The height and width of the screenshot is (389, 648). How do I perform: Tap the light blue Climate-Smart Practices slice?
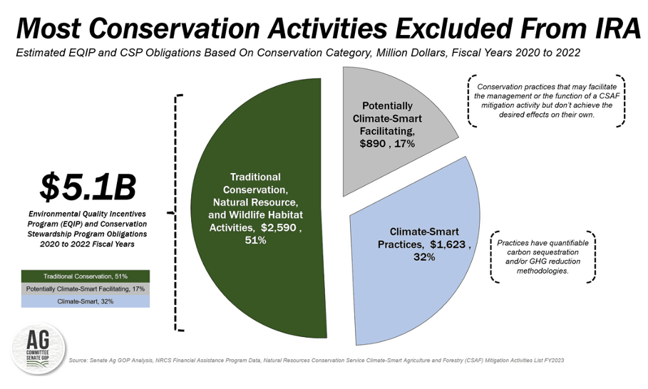coord(413,285)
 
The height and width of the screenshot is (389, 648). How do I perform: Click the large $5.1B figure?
coord(87,187)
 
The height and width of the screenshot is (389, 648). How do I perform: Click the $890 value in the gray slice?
coord(372,143)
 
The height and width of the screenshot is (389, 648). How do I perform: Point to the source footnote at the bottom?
coord(317,361)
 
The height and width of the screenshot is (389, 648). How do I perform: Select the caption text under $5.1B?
coord(87,227)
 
